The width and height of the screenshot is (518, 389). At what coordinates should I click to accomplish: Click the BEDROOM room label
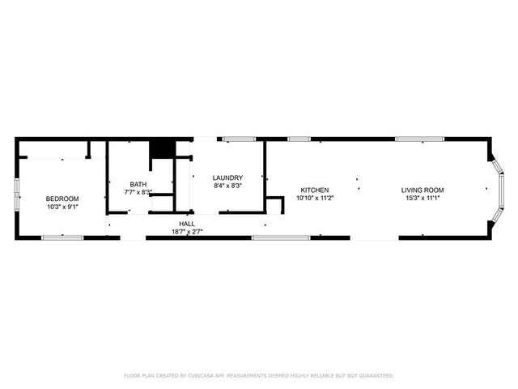point(62,199)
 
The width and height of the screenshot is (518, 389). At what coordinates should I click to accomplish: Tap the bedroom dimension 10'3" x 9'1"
point(62,207)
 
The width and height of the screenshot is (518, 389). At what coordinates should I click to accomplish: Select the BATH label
point(138,184)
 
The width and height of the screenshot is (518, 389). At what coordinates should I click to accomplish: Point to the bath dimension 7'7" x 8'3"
point(138,192)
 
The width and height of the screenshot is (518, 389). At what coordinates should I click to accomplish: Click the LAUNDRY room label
point(227,178)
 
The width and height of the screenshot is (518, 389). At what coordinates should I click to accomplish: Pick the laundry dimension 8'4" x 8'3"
point(227,186)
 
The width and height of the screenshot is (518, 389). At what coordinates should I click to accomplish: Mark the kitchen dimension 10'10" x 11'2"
point(315,198)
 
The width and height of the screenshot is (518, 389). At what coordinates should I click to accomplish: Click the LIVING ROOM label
point(422,190)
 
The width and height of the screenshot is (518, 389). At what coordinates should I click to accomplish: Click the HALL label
point(187,224)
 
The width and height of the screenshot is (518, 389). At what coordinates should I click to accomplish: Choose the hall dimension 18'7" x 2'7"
point(187,232)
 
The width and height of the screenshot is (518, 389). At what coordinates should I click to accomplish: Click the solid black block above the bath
point(163,149)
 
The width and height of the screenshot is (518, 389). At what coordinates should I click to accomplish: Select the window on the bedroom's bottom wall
point(62,237)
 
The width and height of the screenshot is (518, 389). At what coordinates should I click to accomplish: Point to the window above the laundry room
point(239,139)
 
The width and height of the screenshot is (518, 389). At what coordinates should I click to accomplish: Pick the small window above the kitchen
point(299,139)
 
